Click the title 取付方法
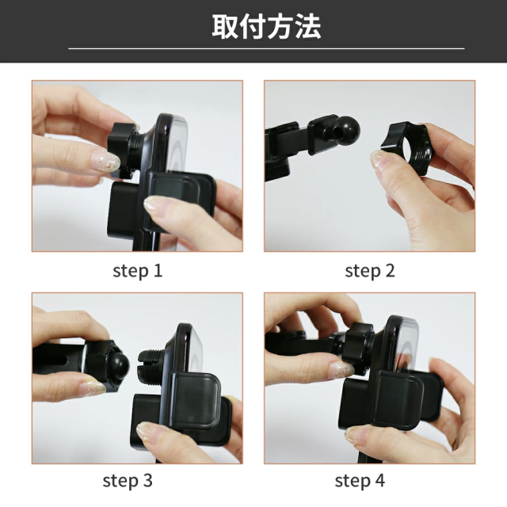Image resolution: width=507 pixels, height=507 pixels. click(266, 26)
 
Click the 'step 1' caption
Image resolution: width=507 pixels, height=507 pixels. click(137, 271)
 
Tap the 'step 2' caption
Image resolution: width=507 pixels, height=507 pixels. click(370, 271)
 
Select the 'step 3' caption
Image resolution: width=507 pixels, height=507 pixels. click(128, 481)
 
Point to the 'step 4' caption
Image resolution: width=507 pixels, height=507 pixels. click(360, 481)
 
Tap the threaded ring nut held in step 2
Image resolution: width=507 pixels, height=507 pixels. click(406, 148)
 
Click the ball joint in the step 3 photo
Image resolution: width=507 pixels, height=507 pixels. click(117, 366)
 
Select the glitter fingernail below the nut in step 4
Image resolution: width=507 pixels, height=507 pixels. click(341, 370)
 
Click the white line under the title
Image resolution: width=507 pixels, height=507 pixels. click(266, 49)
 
